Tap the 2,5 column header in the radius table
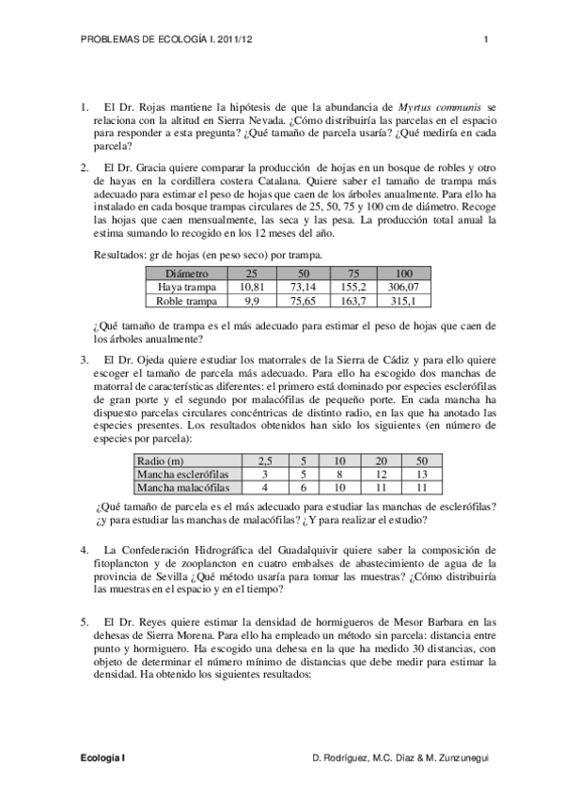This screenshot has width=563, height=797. [x=264, y=461]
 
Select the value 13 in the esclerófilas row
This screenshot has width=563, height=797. [x=421, y=475]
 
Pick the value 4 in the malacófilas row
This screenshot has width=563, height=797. [x=264, y=488]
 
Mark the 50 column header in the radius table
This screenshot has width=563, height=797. [x=421, y=461]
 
